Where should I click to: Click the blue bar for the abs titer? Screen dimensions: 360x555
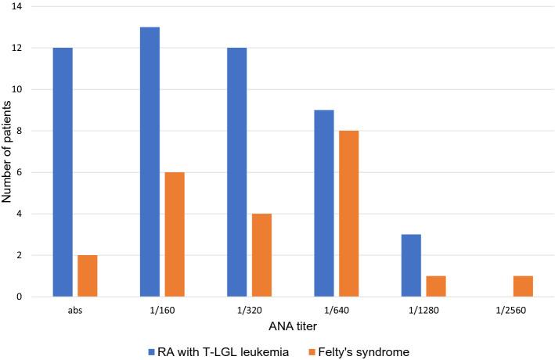tap(63, 172)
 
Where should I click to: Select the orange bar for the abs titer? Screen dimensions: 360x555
tap(87, 275)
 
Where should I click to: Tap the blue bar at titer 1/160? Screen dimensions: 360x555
tap(150, 162)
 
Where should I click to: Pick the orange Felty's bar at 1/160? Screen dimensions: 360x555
tap(174, 234)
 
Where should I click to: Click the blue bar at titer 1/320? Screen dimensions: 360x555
tap(236, 172)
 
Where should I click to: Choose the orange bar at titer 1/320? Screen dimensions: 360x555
tap(261, 255)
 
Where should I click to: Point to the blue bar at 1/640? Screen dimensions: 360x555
tap(324, 203)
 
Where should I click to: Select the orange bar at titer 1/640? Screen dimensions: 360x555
tap(348, 214)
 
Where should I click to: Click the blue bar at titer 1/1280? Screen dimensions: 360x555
tap(411, 265)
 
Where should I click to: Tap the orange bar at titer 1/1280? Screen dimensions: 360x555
tap(436, 286)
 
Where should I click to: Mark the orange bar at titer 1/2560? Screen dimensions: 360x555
tap(523, 286)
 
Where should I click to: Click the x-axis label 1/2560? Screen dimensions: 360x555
tap(510, 308)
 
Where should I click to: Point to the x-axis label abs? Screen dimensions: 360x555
tap(75, 308)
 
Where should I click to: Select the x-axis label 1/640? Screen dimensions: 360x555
tap(337, 308)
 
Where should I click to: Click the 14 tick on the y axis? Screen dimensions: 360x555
tap(16, 7)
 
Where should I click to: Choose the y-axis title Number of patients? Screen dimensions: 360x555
tap(7, 152)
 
